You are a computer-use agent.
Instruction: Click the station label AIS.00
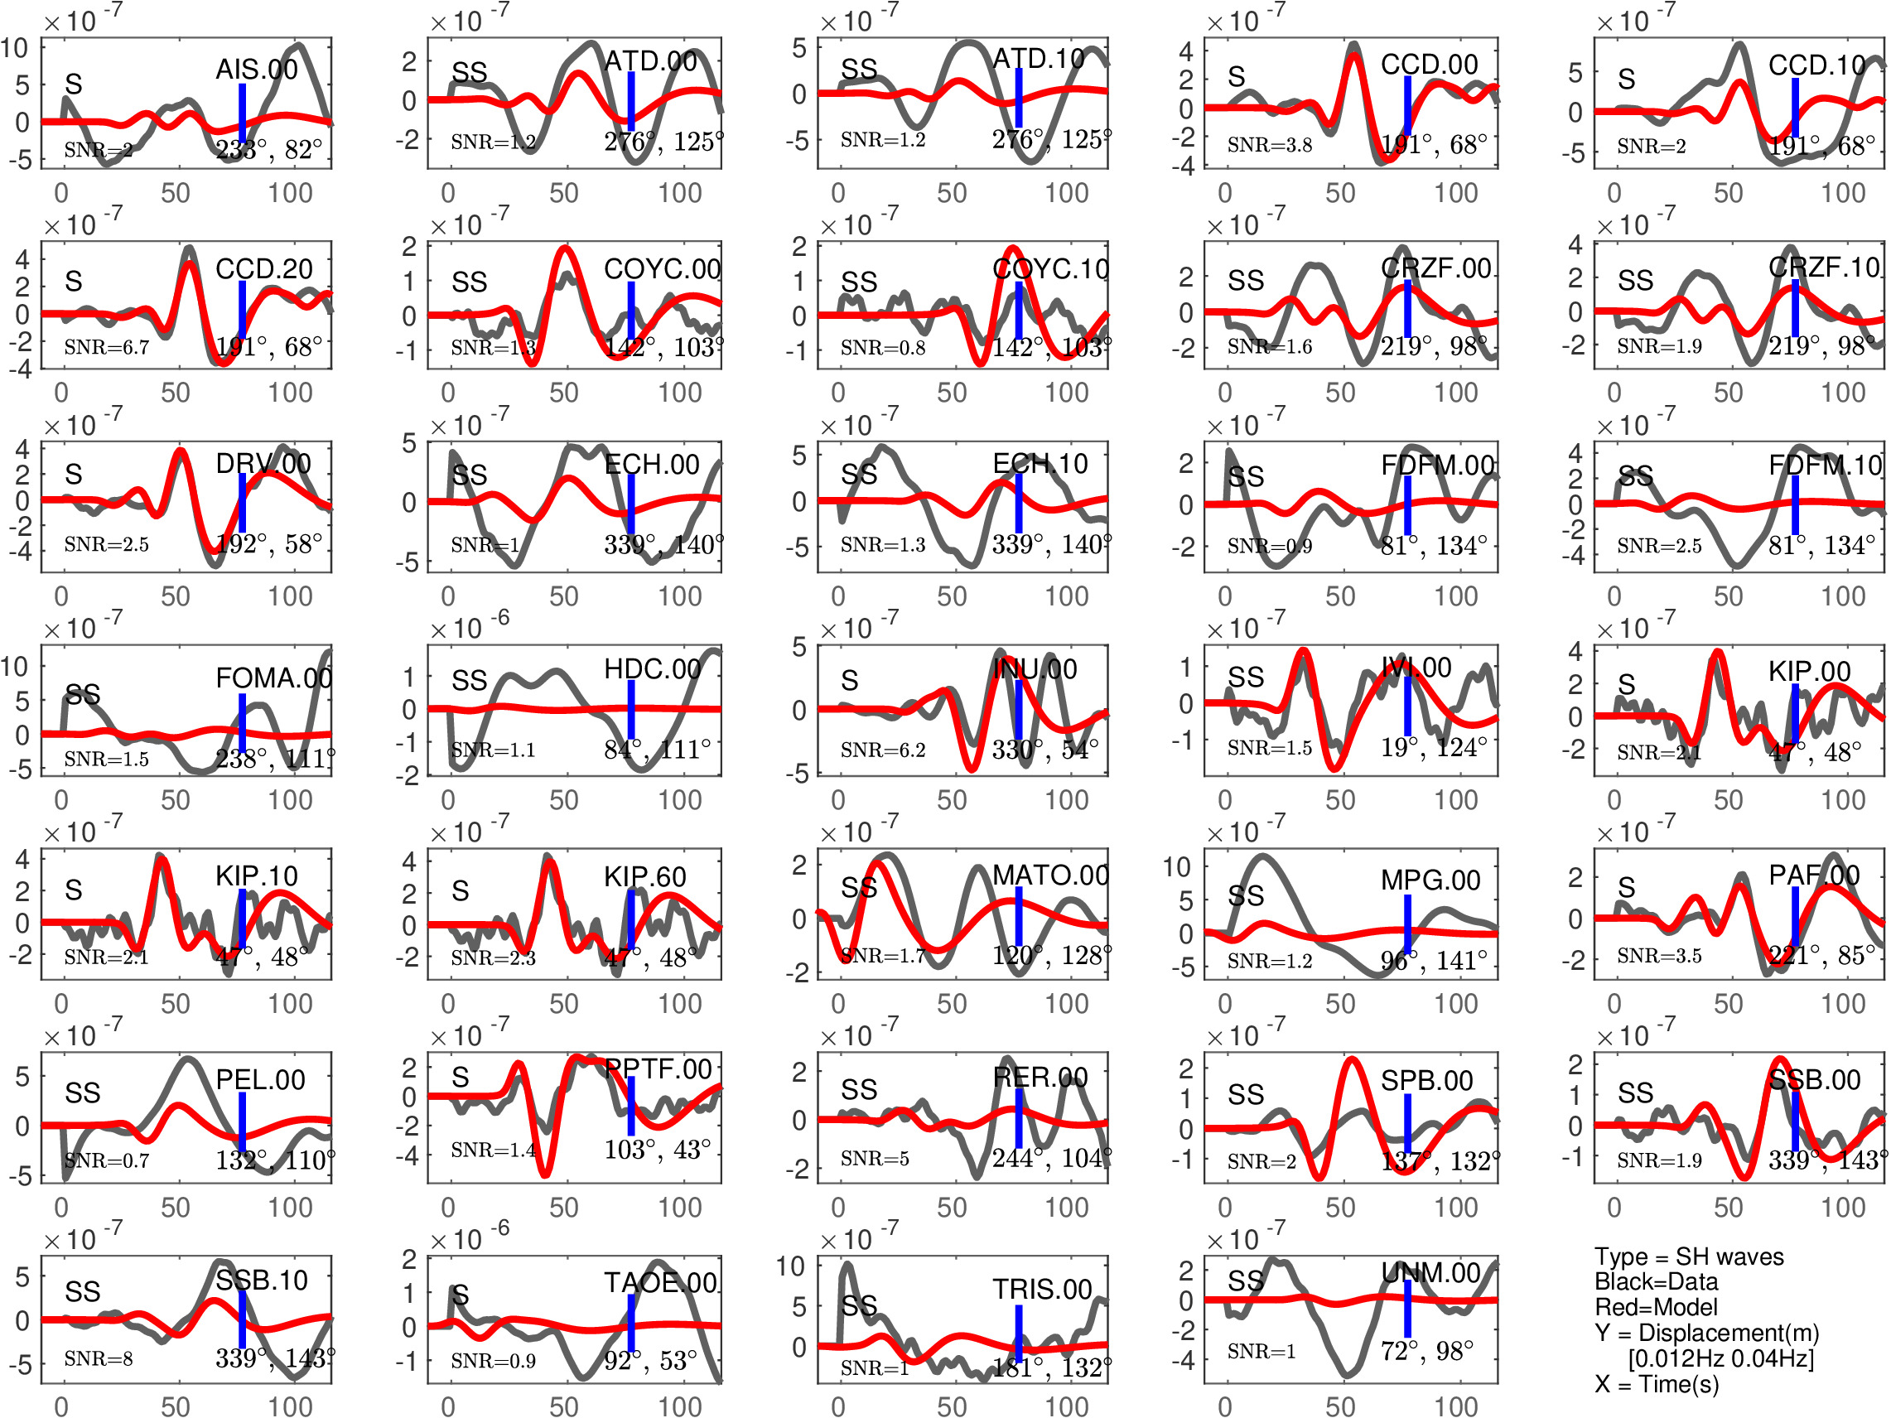(257, 70)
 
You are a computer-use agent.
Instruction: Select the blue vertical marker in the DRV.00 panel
(243, 502)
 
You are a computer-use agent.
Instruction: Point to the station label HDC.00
(652, 669)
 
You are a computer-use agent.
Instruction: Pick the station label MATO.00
(1050, 875)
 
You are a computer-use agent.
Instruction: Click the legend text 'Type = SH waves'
(1688, 1256)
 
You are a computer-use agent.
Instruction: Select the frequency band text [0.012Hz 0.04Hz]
(1720, 1358)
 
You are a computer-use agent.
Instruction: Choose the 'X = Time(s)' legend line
(1656, 1384)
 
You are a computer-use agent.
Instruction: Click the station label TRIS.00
(1042, 1289)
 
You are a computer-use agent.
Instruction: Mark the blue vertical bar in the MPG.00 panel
(1407, 924)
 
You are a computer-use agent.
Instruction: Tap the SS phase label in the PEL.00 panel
(83, 1092)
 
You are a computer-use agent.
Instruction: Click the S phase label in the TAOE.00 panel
(460, 1295)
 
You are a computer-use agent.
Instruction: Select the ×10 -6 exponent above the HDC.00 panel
(470, 628)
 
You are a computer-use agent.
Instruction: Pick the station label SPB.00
(1427, 1080)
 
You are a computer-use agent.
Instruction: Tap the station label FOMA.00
(273, 678)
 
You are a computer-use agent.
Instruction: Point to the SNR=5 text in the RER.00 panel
(875, 1158)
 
